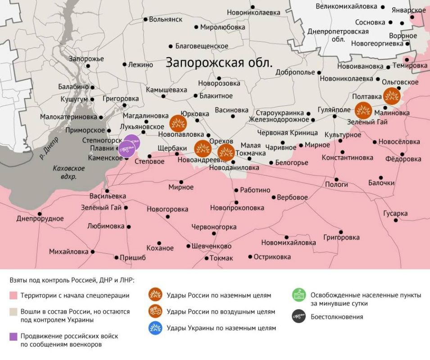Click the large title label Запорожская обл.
click(x=219, y=62)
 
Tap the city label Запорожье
click(x=86, y=59)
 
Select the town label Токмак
click(x=221, y=258)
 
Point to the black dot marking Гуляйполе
click(x=335, y=117)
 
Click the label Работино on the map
click(x=255, y=190)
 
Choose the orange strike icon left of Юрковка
click(x=177, y=123)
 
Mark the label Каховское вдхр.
click(x=68, y=172)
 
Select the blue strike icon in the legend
click(x=156, y=328)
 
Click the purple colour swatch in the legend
click(x=14, y=336)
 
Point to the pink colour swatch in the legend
click(x=14, y=296)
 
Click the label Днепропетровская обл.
click(x=337, y=35)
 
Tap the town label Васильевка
click(x=108, y=197)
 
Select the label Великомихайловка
click(x=346, y=6)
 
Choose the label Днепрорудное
click(x=40, y=219)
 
